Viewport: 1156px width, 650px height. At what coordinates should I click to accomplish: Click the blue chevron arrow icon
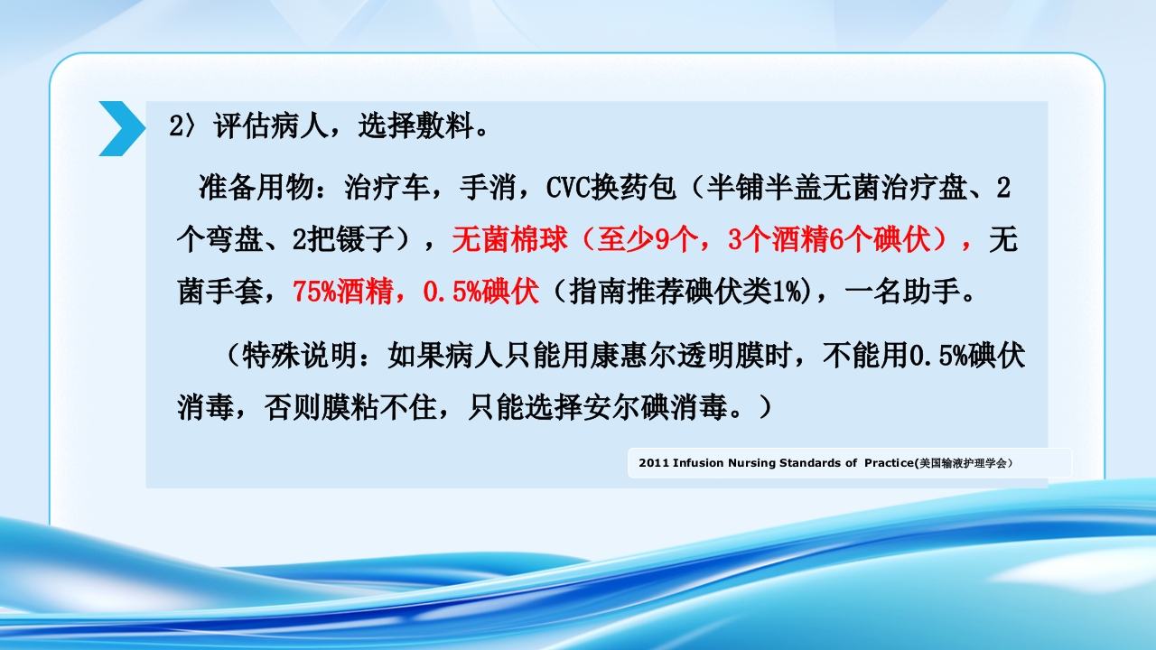tap(121, 128)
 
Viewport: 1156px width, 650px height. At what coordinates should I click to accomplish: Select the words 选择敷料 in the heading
tap(415, 126)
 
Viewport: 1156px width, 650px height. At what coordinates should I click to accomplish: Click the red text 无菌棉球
tap(509, 240)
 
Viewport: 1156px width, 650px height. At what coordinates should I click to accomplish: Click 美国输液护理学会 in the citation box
tap(964, 463)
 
